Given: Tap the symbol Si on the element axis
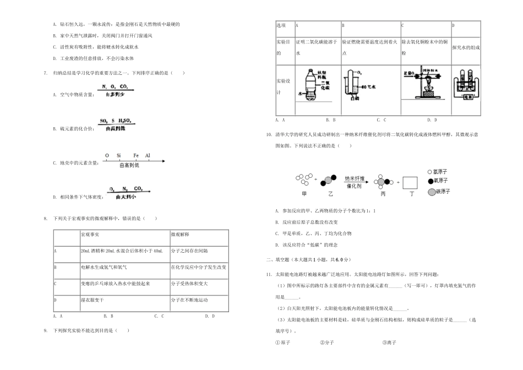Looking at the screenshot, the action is pos(118,156).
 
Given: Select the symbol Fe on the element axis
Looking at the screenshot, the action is pos(136,156).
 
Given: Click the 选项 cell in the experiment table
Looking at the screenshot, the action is pos(281,25).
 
